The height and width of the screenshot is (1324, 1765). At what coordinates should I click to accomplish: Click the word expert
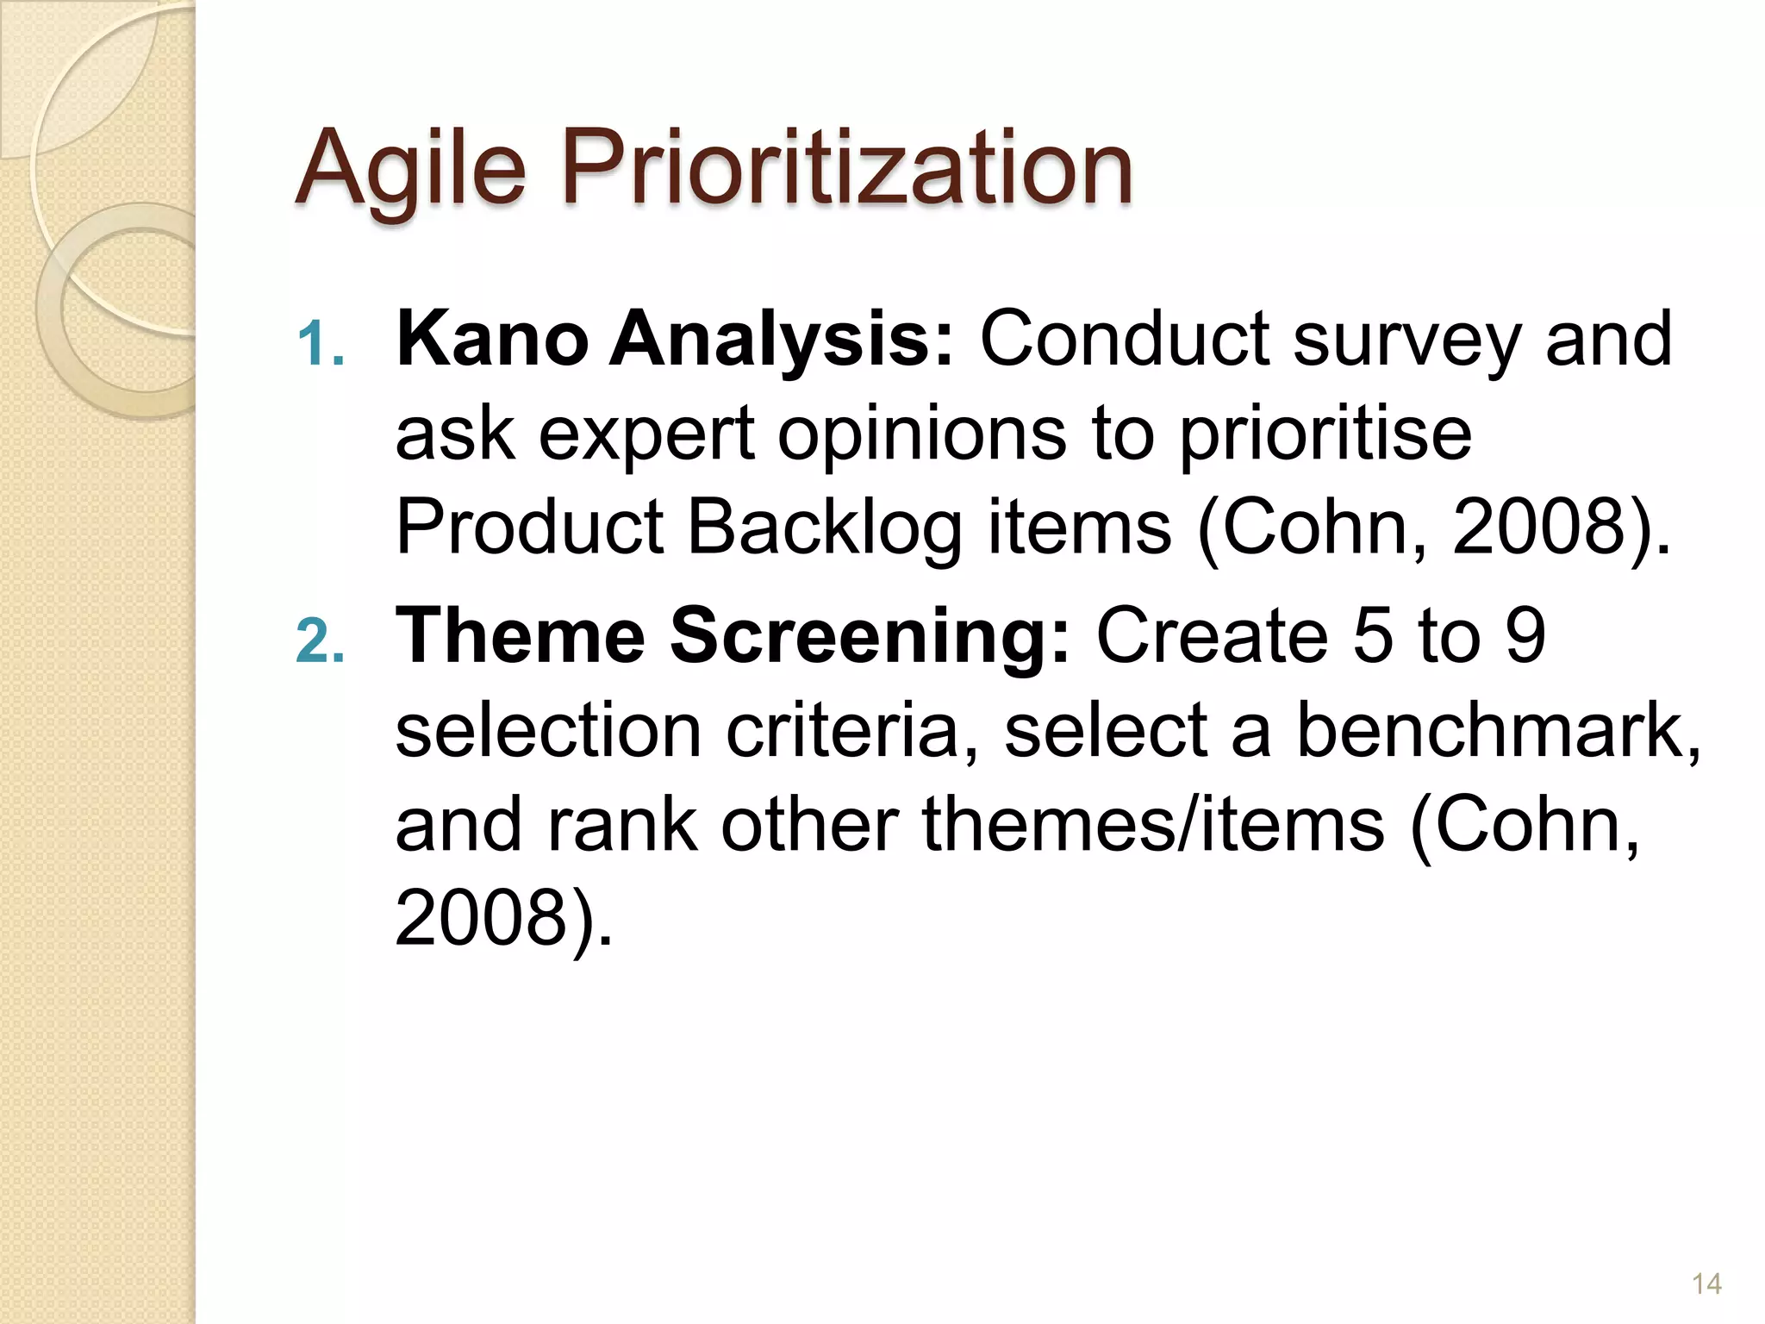click(647, 435)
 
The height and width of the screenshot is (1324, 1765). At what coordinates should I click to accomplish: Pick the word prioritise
click(1325, 435)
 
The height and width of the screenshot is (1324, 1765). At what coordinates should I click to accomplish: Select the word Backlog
click(824, 528)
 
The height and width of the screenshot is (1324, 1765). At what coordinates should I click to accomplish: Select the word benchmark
click(1497, 730)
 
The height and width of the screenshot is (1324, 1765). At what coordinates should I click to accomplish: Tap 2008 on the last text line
click(482, 919)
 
